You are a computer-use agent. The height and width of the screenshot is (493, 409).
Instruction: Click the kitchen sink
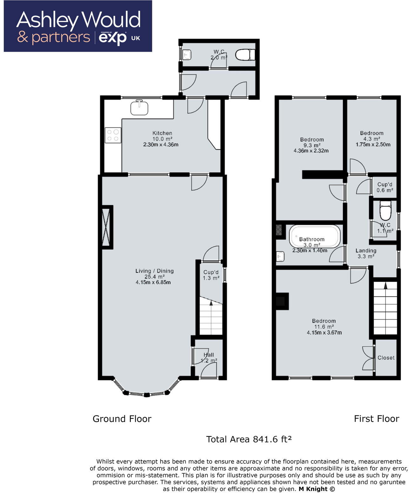[x=139, y=108]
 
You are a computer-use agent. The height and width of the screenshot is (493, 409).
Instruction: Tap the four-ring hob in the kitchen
[x=113, y=135]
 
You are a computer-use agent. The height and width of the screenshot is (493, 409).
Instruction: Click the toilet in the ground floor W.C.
[x=245, y=55]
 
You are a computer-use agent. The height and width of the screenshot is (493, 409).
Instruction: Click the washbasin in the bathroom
[x=280, y=256]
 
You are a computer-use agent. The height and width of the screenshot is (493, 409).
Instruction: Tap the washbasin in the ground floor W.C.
[x=187, y=55]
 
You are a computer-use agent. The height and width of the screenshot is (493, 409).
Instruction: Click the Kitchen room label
[x=162, y=133]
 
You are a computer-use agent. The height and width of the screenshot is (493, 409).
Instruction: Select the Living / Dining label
[x=155, y=271]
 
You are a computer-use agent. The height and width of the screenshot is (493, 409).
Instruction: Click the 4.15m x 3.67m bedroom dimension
[x=324, y=333]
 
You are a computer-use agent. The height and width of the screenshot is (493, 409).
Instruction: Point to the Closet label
[x=386, y=358]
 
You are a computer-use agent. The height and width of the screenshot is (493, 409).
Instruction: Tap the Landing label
[x=366, y=251]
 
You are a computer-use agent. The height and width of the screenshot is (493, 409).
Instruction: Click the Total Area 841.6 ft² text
[x=249, y=439]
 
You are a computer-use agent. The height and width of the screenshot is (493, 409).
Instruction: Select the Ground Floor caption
[x=122, y=419]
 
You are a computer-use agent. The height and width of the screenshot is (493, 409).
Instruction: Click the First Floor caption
[x=376, y=419]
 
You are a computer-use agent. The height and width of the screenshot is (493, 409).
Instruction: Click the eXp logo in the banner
[x=113, y=38]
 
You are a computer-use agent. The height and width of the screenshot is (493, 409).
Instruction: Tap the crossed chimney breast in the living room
[x=106, y=227]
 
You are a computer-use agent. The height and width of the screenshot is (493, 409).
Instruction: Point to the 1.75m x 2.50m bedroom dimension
[x=373, y=145]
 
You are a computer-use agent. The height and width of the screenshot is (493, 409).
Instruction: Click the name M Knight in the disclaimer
[x=313, y=489]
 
